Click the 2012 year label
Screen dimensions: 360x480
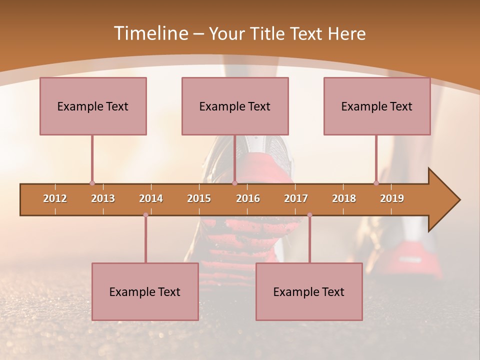55,198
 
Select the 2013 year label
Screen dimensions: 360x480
103,198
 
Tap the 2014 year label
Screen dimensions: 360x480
151,198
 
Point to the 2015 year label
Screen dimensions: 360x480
199,198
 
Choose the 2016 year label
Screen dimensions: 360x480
248,198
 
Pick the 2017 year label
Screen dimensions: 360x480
296,198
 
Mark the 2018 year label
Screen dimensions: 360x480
344,198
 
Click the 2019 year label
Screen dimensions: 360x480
392,198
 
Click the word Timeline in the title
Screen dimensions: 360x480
150,33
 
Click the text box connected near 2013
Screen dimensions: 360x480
93,106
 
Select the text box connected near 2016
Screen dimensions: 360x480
235,106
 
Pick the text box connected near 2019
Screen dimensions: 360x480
377,106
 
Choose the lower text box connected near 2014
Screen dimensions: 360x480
145,291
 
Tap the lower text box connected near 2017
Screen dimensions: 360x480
309,291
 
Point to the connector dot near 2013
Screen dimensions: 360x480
92,183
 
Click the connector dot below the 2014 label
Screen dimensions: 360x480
145,215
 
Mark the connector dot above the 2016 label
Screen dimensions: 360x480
234,183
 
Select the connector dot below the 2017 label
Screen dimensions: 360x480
309,215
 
